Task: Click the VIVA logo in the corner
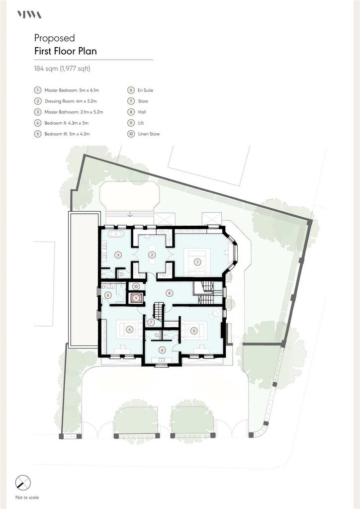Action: (29, 14)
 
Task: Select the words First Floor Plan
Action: (66, 51)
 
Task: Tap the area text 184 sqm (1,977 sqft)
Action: (62, 69)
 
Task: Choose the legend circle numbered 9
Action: (131, 123)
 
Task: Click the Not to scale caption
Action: (27, 497)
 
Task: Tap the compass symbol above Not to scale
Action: (23, 483)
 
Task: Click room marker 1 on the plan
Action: (197, 261)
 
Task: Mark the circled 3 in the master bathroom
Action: (118, 255)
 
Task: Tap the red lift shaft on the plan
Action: (136, 298)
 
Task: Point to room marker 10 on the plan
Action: (136, 286)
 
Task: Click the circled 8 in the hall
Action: (169, 293)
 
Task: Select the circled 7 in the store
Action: (151, 322)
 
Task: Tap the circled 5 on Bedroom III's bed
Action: (194, 331)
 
